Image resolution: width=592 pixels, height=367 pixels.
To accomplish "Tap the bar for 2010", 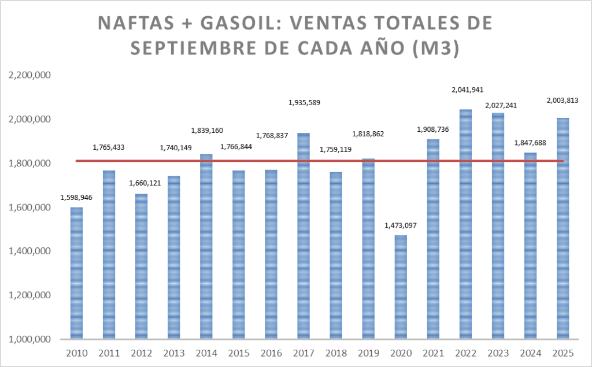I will pos(76,273).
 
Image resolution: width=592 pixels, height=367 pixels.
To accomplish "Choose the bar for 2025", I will pos(563,228).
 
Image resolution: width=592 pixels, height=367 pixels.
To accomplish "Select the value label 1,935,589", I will pos(304,103).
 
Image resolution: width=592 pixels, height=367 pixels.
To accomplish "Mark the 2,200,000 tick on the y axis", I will pos(29,76).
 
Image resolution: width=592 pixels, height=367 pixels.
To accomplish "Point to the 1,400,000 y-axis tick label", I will pos(29,251).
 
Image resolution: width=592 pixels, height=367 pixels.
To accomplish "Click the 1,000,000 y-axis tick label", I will pos(29,339).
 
